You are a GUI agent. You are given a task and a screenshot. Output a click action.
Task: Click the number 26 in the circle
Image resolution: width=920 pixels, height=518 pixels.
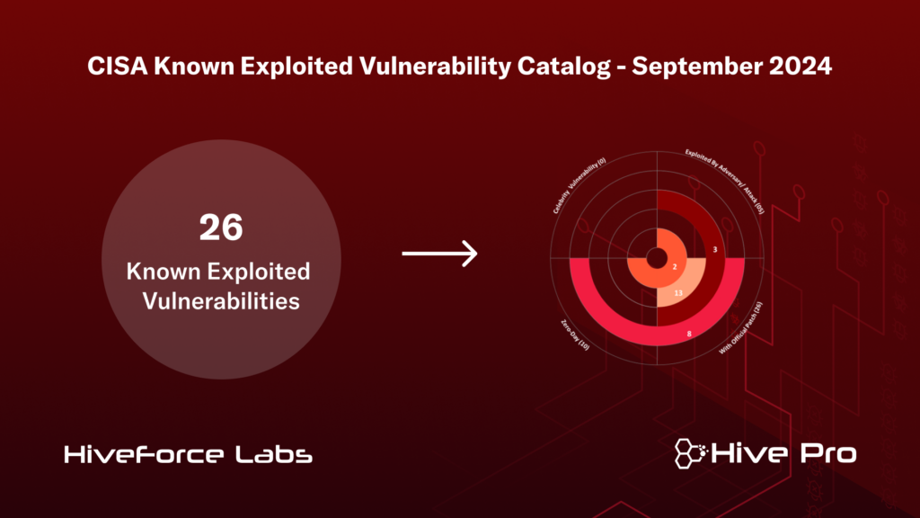point(221,228)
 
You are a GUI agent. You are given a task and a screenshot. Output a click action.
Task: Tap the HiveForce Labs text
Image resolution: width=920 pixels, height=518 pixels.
point(189,456)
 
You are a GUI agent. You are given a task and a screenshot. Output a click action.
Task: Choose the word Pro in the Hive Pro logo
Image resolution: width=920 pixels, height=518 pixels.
point(824,454)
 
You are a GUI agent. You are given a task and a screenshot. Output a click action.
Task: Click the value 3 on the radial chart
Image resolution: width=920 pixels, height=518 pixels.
point(713,249)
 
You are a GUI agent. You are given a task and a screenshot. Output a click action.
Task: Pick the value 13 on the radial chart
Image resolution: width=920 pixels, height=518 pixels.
point(678,293)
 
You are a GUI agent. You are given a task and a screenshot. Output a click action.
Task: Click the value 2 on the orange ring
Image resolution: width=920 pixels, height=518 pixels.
point(674,267)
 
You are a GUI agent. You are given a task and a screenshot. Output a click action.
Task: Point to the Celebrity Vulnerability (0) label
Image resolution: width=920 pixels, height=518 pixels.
point(579,184)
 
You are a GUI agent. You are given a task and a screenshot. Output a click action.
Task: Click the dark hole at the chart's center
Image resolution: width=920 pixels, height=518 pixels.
point(658,255)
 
